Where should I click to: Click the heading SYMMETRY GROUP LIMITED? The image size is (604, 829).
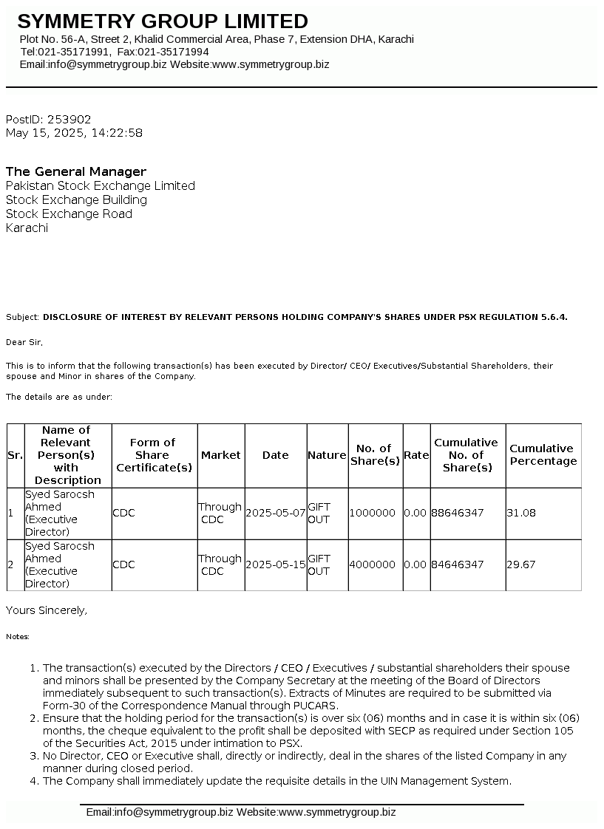[x=163, y=21]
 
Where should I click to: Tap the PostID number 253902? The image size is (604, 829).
[x=69, y=119]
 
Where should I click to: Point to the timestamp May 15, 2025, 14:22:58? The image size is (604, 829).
[x=74, y=133]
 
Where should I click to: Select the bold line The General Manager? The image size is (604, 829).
[x=76, y=171]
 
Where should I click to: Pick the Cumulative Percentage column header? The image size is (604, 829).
[x=543, y=454]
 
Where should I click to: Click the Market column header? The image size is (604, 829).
[x=221, y=455]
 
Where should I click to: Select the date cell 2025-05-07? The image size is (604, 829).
[x=276, y=513]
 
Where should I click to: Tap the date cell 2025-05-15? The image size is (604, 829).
[x=276, y=564]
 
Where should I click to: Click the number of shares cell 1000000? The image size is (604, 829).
[x=373, y=513]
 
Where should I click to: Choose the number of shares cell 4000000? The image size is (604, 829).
[x=373, y=564]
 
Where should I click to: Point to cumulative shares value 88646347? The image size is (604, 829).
[x=458, y=513]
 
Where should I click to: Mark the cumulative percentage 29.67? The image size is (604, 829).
[x=520, y=564]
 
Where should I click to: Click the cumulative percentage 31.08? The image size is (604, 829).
[x=520, y=513]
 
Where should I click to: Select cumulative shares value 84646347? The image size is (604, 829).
[x=458, y=564]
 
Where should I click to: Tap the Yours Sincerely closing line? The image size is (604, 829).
[x=47, y=610]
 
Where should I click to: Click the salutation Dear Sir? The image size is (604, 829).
[x=24, y=342]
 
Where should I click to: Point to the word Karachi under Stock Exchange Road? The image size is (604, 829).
[x=27, y=228]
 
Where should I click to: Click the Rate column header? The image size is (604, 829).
[x=416, y=455]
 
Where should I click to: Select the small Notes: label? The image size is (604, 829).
[x=18, y=636]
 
